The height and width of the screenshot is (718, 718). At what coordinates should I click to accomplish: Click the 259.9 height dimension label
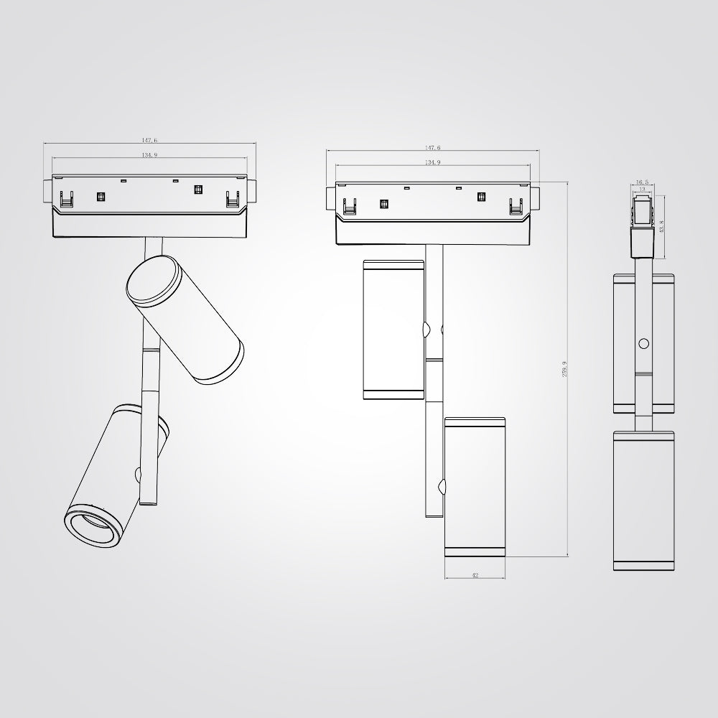565,370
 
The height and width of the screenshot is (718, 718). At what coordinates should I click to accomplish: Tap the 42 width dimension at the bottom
475,575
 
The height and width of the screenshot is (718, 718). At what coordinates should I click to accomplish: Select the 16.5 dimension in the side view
642,182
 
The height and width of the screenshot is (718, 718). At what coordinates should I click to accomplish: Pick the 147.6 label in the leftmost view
149,141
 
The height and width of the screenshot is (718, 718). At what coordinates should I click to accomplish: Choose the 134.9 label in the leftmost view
149,155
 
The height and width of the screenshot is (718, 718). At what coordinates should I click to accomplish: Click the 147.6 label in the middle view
432,147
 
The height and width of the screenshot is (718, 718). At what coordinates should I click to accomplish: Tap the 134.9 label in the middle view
432,163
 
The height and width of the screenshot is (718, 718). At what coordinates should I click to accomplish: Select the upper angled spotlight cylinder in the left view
185,320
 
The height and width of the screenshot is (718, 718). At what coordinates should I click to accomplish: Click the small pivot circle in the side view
643,343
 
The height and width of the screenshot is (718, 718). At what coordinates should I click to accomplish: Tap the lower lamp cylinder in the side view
644,500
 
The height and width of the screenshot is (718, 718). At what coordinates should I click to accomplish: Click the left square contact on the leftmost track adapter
101,196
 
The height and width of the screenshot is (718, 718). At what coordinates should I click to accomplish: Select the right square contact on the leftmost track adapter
198,191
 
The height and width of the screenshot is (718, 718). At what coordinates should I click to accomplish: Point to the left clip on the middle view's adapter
351,206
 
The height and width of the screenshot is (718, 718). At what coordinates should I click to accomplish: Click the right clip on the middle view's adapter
516,206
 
